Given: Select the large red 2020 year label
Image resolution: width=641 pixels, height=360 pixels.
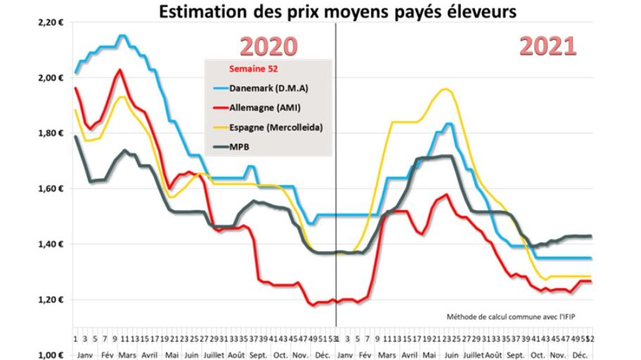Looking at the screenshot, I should pos(269,46).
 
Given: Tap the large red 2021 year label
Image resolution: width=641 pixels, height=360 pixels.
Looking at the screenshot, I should pos(548,46).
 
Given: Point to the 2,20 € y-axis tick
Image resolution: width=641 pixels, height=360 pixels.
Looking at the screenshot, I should pos(51,22).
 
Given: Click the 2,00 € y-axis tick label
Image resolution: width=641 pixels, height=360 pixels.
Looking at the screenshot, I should pos(51,78).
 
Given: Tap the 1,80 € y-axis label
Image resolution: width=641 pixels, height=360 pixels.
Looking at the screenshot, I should pos(51,134).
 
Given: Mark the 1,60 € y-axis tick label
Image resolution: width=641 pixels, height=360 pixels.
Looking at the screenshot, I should pos(51,188).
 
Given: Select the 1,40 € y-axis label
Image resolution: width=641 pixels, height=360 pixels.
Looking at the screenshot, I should pos(51,244).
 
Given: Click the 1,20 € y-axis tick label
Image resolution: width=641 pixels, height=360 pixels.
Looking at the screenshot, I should pos(51,300).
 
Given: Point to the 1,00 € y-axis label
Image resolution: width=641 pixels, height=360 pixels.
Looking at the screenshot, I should pos(51,354).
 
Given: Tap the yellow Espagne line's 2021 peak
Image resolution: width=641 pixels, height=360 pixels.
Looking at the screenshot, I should pos(445,89).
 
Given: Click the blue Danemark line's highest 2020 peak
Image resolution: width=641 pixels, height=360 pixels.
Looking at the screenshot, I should pos(122,35).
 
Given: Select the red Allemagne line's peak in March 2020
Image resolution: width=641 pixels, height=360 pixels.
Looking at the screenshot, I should pos(120,70).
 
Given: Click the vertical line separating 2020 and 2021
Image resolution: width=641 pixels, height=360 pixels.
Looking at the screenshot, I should pos(336,176).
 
